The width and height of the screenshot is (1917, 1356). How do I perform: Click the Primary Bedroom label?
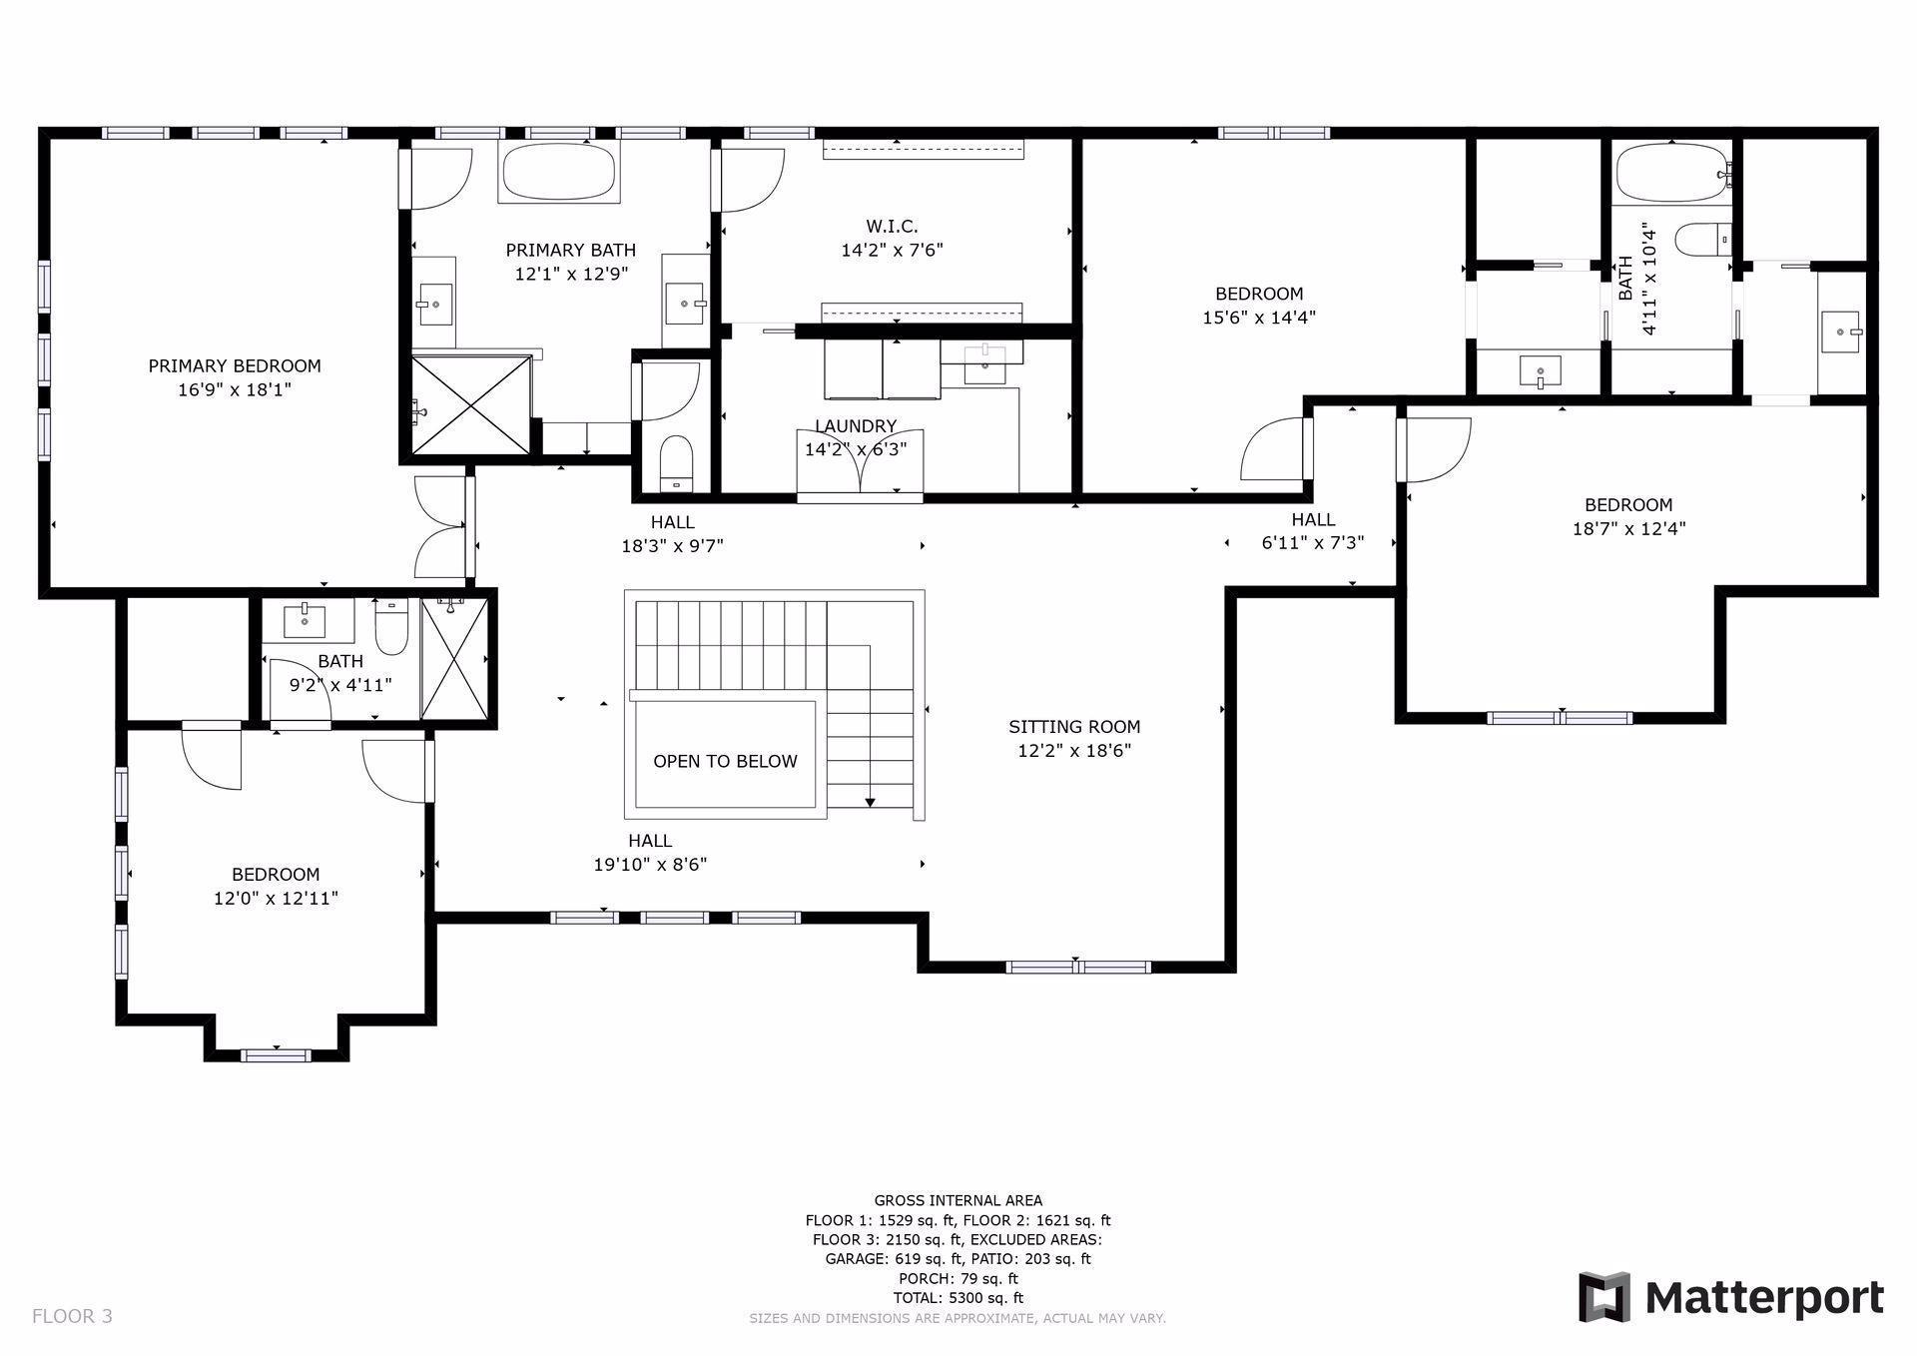(x=235, y=366)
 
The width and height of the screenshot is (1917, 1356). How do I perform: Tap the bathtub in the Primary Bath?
(x=558, y=172)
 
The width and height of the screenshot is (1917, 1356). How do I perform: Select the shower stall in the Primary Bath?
(x=470, y=404)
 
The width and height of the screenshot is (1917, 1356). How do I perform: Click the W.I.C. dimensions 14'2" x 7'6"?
(x=892, y=250)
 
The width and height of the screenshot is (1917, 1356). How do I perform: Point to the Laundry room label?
(x=856, y=426)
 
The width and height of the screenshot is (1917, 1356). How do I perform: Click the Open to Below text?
(x=725, y=761)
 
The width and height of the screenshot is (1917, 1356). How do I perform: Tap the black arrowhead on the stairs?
(x=870, y=801)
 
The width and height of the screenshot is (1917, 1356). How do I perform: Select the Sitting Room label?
(x=1074, y=727)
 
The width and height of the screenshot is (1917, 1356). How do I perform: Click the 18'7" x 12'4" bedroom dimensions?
(x=1628, y=529)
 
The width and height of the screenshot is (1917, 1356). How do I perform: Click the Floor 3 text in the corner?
(x=72, y=1316)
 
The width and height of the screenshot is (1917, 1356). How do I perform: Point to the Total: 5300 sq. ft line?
(x=958, y=1298)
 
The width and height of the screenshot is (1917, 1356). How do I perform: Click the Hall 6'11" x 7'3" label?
(x=1312, y=530)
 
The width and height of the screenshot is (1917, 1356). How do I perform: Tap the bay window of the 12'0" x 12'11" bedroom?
(x=277, y=1054)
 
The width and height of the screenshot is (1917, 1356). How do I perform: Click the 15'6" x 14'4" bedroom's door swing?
(x=1273, y=449)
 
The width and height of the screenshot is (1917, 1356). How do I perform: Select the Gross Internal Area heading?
(x=958, y=1200)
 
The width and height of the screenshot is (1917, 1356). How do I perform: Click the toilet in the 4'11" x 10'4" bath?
(x=1700, y=240)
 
